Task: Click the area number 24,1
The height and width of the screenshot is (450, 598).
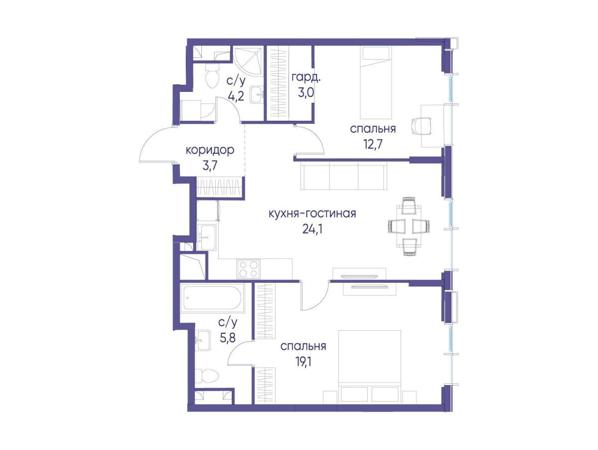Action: tap(312, 229)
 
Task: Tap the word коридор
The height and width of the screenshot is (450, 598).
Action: tap(210, 150)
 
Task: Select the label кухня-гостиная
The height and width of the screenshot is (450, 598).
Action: tap(312, 214)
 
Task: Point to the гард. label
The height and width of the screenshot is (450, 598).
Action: tap(306, 78)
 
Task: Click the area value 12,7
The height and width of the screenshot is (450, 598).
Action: tap(372, 145)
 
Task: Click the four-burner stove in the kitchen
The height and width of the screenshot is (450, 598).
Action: tap(248, 269)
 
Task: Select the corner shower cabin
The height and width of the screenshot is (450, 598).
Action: tap(248, 61)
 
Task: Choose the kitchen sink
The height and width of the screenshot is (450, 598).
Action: tap(207, 237)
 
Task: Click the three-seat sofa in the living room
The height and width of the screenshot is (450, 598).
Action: tap(343, 176)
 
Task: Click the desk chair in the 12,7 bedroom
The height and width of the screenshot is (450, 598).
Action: tap(421, 126)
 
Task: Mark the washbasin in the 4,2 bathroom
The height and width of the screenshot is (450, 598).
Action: tap(257, 94)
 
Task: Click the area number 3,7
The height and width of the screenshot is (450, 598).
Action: tap(209, 166)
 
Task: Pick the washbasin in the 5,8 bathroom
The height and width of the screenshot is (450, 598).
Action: tap(203, 340)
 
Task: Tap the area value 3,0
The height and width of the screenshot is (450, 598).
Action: tap(306, 93)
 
